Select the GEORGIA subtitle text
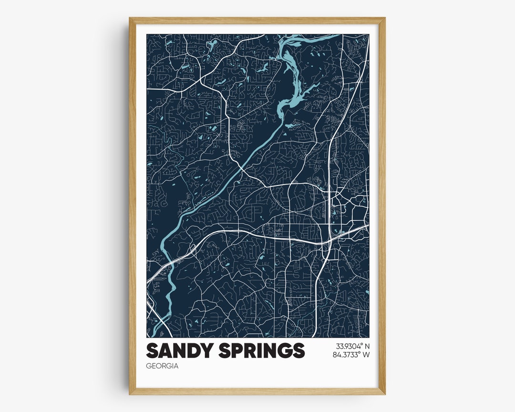162,366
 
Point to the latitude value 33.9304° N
352,346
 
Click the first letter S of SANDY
152,350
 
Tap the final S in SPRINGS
299,350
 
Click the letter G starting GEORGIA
149,366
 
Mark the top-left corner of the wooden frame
130,19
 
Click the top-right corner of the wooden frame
384,19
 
